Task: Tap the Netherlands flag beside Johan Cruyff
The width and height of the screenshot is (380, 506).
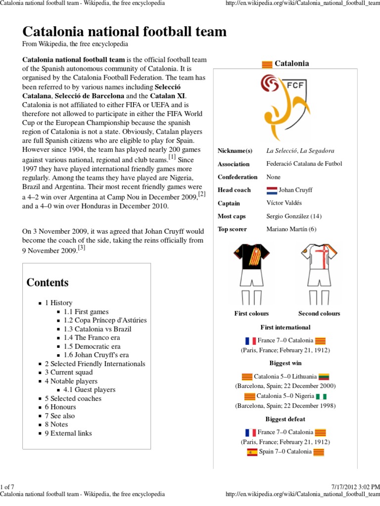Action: (272, 190)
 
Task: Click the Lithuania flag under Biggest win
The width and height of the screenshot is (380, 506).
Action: (324, 377)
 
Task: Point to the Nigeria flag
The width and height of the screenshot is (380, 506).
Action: (322, 396)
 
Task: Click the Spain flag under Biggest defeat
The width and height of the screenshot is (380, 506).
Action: (252, 452)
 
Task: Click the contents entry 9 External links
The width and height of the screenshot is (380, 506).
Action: (68, 433)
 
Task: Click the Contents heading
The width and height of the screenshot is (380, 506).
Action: (47, 283)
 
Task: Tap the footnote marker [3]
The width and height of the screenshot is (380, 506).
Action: (82, 249)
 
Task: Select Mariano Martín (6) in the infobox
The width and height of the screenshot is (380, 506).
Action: (291, 229)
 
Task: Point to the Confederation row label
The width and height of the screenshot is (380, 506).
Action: (237, 177)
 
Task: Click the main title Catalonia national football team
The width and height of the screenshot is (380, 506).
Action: (125, 32)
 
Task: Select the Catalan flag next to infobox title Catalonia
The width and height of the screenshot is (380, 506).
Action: (267, 64)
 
